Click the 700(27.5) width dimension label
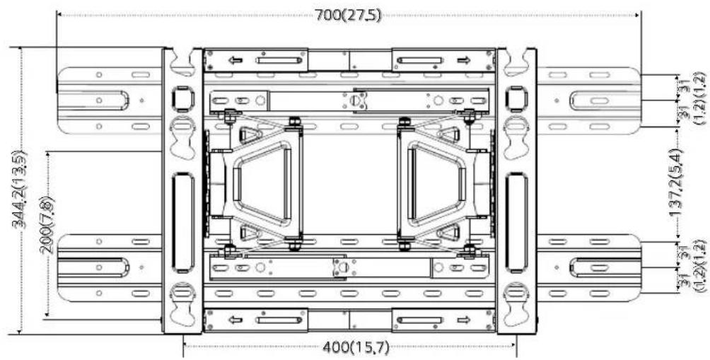348,16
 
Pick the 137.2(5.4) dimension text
677,182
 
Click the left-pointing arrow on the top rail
235,60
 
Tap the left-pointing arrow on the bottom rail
235,320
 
